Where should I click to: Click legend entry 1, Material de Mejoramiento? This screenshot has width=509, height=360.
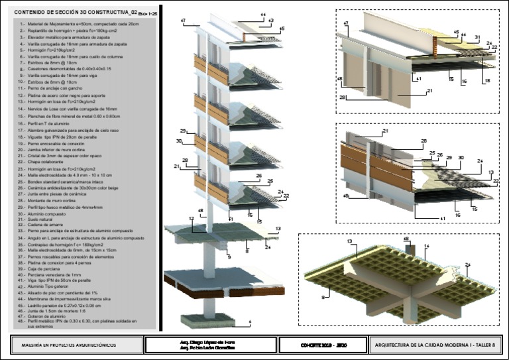(x=79, y=24)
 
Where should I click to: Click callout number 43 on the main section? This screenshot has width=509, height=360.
(x=270, y=21)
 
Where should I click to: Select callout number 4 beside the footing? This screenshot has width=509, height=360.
(x=250, y=322)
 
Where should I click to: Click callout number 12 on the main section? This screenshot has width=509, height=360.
(x=191, y=218)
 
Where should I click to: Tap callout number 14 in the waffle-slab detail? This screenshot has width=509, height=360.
(x=427, y=246)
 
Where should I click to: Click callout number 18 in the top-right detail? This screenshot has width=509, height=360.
(x=486, y=80)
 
